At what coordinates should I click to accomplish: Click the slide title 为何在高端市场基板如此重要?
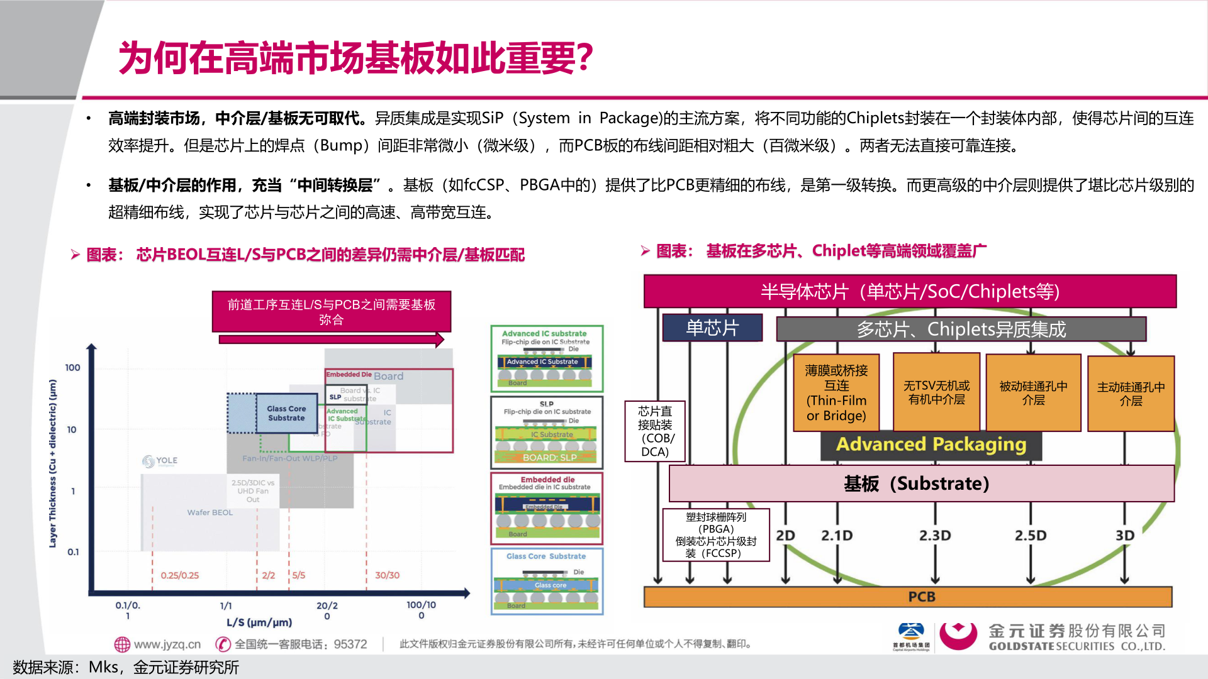click(355, 58)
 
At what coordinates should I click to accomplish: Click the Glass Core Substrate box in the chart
click(286, 413)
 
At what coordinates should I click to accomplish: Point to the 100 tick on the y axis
click(72, 368)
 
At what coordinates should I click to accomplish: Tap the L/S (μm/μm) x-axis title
click(259, 622)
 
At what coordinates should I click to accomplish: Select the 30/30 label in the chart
click(387, 575)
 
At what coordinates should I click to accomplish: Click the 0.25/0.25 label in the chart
click(179, 575)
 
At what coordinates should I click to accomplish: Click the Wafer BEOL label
click(210, 512)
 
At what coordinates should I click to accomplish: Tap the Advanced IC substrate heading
click(544, 333)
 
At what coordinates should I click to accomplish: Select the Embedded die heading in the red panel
click(547, 480)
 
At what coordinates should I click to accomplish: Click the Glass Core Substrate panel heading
click(546, 556)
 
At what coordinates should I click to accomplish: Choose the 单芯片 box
click(712, 328)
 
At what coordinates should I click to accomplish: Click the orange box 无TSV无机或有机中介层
click(936, 392)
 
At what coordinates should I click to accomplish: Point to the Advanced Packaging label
click(931, 444)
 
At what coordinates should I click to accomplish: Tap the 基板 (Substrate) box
click(922, 483)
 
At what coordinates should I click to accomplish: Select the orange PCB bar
click(908, 597)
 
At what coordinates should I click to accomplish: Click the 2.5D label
click(1031, 536)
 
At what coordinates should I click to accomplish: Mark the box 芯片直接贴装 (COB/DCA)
click(654, 431)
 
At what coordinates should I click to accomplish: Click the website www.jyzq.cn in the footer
click(167, 644)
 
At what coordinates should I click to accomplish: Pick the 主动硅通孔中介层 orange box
click(1131, 394)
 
